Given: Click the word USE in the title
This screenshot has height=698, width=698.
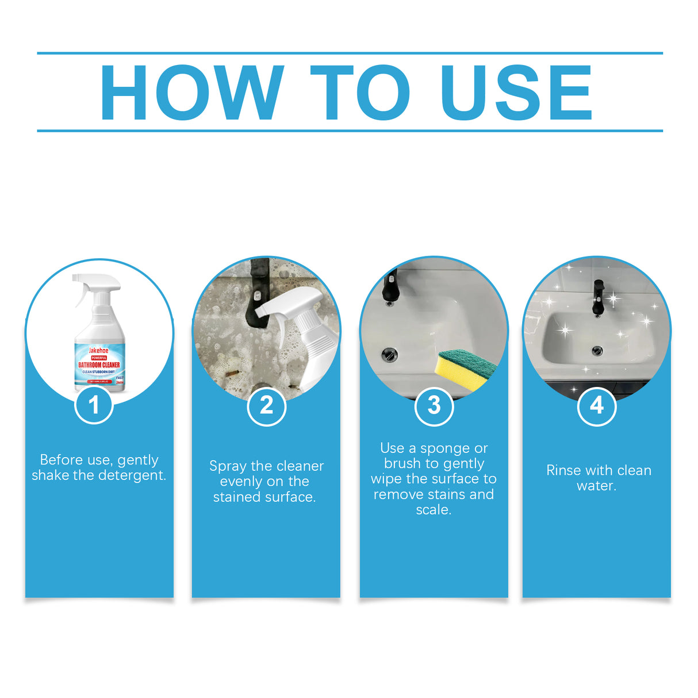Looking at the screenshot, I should pos(516,93).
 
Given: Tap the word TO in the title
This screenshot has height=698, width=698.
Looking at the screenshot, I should pos(360,93).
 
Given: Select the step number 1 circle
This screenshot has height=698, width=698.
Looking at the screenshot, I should pos(94,405).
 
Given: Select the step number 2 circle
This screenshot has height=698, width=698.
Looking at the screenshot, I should pos(266,406).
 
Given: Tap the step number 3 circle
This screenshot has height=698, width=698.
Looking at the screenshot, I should pos(434,406).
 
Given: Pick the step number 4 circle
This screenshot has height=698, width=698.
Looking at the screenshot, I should pos(597,406).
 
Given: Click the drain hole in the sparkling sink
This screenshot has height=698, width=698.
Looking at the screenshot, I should pos(597,350).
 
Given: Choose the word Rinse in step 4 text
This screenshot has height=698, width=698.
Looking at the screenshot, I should pos(563,470).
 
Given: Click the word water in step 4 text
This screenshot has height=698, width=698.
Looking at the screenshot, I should pos(595,486).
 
